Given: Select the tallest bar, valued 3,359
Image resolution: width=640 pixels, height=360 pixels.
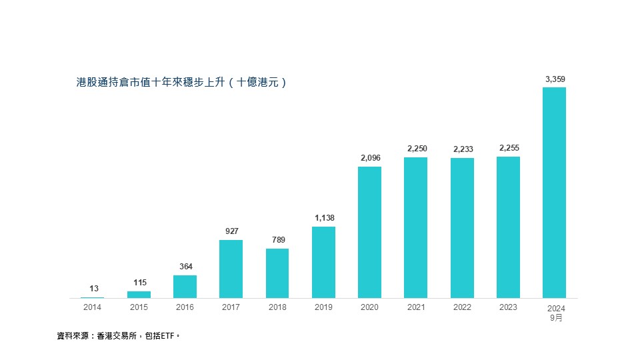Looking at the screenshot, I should coord(554,193).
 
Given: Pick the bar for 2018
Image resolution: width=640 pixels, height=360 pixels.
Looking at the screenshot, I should coord(277,273).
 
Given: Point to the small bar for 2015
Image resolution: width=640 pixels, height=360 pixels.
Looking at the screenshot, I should coord(139,294).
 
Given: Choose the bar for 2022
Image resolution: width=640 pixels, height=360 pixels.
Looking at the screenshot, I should coord(462,227).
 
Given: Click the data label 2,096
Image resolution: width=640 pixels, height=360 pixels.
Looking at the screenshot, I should coord(369,158).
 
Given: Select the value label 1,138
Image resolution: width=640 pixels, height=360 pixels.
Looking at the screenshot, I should coord(323,218).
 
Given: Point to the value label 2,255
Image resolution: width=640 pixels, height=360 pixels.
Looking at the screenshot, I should coord(508,148).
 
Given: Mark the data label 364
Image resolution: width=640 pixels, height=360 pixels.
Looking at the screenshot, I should coord(185,267).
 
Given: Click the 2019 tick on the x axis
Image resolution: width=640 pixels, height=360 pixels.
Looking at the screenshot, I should coord(323,307).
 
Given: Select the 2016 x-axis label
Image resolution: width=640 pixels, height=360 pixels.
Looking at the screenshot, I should coord(185,307).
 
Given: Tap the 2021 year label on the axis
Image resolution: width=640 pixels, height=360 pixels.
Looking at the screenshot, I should coord(415,307).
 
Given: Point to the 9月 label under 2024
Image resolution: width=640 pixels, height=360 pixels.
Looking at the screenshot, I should coord(555,318).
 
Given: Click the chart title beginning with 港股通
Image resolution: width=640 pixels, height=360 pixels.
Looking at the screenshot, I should coord(181,83).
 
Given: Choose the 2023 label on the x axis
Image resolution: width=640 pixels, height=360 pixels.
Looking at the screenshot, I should coord(508,307).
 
